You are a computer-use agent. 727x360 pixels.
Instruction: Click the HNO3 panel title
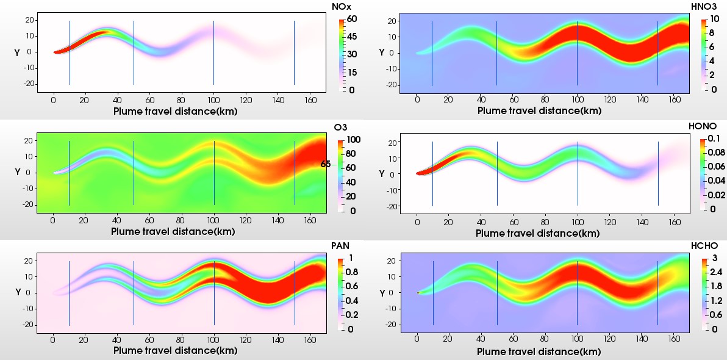point(707,7)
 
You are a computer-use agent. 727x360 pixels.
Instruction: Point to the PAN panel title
point(340,246)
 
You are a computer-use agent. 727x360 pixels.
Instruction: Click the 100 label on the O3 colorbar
point(356,140)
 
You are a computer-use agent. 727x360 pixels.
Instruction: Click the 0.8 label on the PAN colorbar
point(353,272)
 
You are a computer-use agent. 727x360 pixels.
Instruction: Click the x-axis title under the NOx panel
point(175,111)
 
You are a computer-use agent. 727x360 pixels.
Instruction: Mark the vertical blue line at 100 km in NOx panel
point(213,52)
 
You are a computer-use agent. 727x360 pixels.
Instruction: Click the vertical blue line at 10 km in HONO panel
point(432,174)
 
